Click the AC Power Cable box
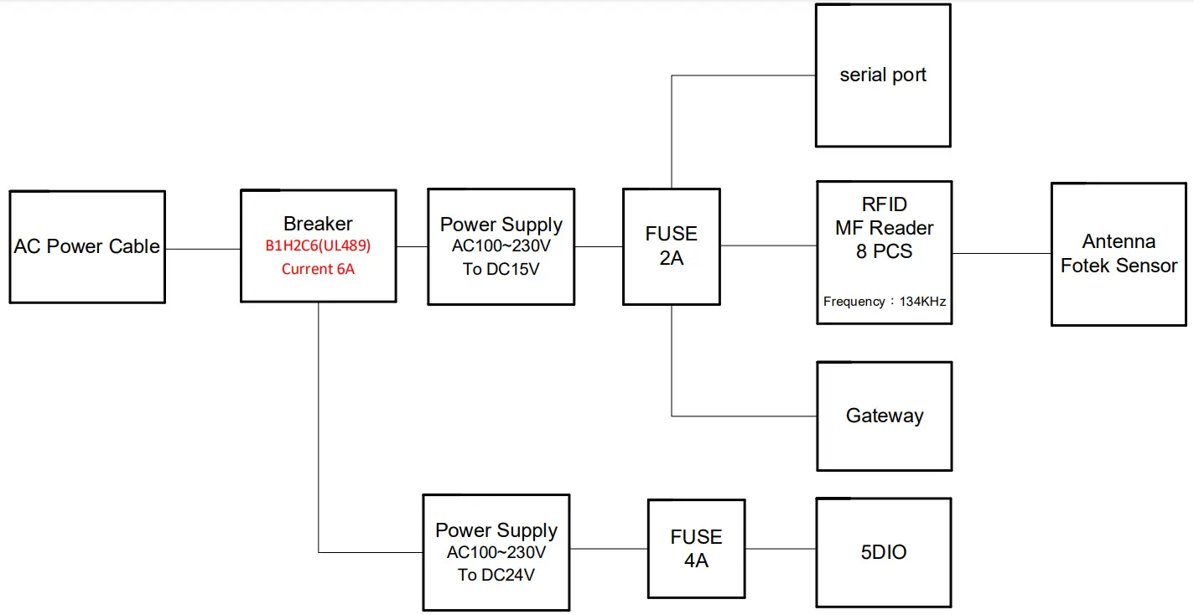[87, 246]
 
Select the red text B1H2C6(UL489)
[318, 247]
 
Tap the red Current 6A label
[318, 269]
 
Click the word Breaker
[318, 224]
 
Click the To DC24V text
[496, 575]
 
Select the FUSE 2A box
[671, 246]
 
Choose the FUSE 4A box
[696, 549]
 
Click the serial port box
[883, 75]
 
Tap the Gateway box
[884, 416]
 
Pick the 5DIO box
[883, 552]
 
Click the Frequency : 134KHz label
[884, 302]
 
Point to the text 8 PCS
[884, 251]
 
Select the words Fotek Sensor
[1119, 266]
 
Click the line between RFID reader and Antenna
[1001, 253]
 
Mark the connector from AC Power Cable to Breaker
[202, 249]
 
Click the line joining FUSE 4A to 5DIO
[780, 549]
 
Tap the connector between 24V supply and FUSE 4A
[608, 549]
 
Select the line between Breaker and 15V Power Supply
[411, 246]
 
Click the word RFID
[884, 204]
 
